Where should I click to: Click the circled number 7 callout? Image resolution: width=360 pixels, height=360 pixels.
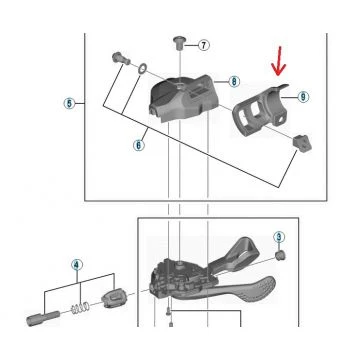pos(204,45)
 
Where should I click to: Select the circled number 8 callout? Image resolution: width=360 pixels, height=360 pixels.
pos(234,81)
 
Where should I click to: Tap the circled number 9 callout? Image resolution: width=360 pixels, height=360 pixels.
pos(303,97)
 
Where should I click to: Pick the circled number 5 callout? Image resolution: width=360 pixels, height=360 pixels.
pos(69,103)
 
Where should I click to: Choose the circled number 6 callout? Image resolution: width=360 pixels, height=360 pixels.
pos(139,145)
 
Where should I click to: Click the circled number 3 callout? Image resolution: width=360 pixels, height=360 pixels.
pos(279,237)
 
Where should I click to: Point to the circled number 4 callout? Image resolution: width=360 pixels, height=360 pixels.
pos(77,265)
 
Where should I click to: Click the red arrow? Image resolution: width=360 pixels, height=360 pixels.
pos(279,60)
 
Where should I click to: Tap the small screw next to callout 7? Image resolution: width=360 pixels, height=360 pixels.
pos(179,43)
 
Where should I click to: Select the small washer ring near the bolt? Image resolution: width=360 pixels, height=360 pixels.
pos(142,69)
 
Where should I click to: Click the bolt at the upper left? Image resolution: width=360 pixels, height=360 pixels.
pos(121,59)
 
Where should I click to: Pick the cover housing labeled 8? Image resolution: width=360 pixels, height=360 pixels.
pos(182,98)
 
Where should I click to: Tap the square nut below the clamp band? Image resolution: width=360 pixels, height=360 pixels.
pos(302,143)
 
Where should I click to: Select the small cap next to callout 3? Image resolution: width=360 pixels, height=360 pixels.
pos(280,256)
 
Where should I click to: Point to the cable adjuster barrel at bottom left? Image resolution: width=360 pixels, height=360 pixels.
pos(43,318)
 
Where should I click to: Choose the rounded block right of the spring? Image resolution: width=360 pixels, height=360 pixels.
pos(114,298)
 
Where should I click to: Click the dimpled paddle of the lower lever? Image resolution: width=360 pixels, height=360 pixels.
pos(253,291)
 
